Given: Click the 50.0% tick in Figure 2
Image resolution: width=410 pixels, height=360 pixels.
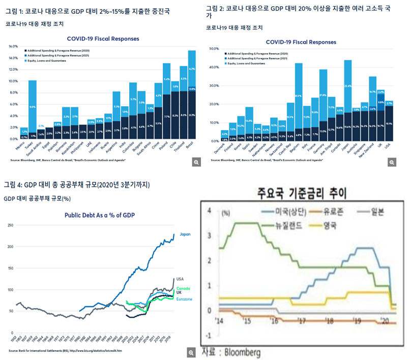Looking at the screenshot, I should (213, 49).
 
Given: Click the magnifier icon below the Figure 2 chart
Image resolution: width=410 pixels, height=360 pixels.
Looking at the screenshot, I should (392, 162).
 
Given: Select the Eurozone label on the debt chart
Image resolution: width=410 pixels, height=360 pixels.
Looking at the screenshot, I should (184, 299).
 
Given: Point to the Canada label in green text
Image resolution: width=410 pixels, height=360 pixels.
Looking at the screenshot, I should (183, 288).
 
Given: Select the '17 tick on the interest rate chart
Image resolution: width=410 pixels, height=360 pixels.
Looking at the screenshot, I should (301, 321).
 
